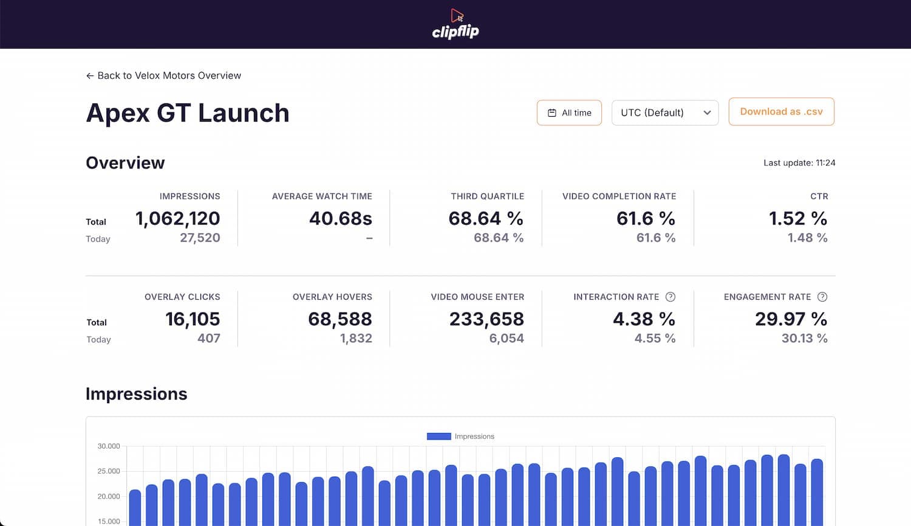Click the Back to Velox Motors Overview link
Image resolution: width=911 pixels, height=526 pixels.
coord(163,75)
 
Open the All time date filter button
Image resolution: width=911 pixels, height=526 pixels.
coord(569,112)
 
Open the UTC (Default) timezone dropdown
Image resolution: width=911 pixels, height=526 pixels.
coord(665,112)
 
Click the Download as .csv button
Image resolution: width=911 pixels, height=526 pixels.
coord(781,112)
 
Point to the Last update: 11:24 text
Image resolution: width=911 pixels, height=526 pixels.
coord(799,163)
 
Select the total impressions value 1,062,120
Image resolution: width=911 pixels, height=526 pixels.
coord(177,218)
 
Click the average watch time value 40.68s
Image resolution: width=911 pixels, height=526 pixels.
coord(340,218)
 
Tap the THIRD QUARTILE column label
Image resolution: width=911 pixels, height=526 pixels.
coord(487,196)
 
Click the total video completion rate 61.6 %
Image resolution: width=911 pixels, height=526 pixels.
coord(646,218)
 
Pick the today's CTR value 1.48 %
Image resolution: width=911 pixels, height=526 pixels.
coord(807,238)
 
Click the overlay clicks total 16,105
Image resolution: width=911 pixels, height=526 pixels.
coord(193,319)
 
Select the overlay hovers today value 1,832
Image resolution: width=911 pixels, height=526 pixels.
coord(356,339)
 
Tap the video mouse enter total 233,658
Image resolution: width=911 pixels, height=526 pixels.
coord(486,319)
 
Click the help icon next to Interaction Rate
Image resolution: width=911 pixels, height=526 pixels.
coord(670,297)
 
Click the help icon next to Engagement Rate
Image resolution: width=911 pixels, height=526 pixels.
coord(822,297)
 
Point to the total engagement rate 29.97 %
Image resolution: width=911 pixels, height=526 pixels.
coord(791,319)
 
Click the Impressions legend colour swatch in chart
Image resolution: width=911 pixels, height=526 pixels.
coord(438,437)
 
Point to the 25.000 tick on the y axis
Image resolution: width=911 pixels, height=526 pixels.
coord(109,471)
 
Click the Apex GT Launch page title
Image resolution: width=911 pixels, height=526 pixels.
coord(188,113)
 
